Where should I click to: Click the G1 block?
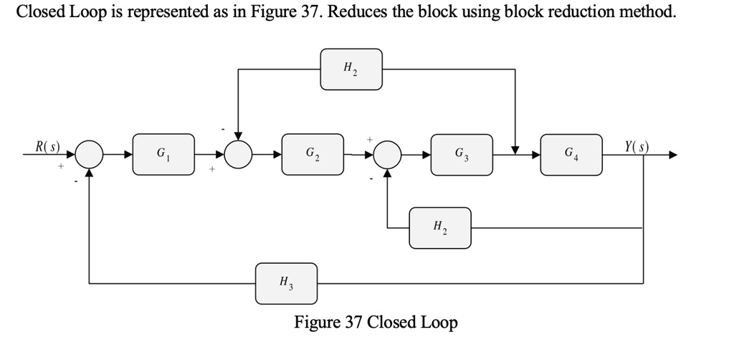[163, 154]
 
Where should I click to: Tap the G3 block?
[462, 154]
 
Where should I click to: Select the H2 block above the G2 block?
[351, 70]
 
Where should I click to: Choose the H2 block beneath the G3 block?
[440, 228]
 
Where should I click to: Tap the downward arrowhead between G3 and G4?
[515, 149]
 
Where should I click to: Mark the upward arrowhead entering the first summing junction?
[90, 174]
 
